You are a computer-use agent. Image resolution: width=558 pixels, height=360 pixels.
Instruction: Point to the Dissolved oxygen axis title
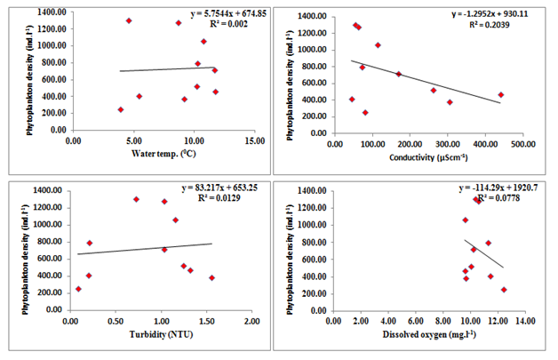coord(419,338)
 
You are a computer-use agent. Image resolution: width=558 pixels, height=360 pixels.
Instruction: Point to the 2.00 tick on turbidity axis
coord(251,319)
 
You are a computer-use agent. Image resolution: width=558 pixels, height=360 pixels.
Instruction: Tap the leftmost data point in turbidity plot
coord(78,289)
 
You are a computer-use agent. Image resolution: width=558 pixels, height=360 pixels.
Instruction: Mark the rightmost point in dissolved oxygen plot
coord(504,290)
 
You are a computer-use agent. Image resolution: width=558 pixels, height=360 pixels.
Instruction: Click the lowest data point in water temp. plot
coord(121,109)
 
